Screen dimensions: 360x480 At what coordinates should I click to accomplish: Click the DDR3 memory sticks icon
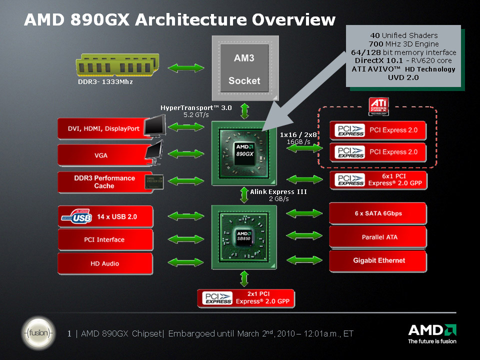[x=117, y=65]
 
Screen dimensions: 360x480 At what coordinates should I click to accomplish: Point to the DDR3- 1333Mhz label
[x=105, y=81]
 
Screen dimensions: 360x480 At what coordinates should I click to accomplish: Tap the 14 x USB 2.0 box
[x=105, y=216]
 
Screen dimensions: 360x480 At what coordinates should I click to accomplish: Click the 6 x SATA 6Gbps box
[x=378, y=213]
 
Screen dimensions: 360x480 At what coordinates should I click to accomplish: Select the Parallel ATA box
[x=378, y=237]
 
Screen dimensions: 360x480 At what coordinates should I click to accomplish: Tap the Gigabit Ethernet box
[x=378, y=260]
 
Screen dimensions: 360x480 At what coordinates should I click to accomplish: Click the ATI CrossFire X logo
[x=377, y=106]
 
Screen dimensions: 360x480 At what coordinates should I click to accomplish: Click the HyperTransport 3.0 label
[x=196, y=107]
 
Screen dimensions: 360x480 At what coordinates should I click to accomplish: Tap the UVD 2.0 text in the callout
[x=403, y=77]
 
